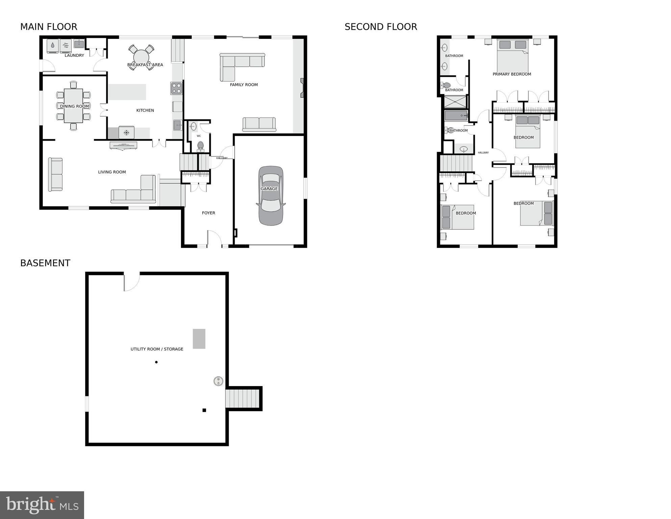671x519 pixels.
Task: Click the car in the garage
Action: pos(271,195)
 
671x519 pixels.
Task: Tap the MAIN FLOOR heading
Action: pos(49,27)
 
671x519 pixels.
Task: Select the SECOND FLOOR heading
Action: pos(381,27)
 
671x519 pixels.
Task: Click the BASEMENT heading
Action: pos(45,263)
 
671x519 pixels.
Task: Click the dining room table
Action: pos(74,106)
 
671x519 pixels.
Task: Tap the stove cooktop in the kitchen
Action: pos(176,88)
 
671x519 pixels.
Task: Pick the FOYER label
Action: pos(208,213)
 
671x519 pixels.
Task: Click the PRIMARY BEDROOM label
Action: pos(512,74)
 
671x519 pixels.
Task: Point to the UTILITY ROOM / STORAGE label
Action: pos(157,349)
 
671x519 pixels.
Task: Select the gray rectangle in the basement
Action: pos(199,338)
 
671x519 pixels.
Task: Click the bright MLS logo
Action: pos(42,505)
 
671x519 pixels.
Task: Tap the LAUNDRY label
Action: pos(74,55)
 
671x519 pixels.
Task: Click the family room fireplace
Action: pos(302,88)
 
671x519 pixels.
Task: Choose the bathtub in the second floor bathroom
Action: pos(456,116)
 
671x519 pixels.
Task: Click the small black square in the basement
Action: pos(204,410)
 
